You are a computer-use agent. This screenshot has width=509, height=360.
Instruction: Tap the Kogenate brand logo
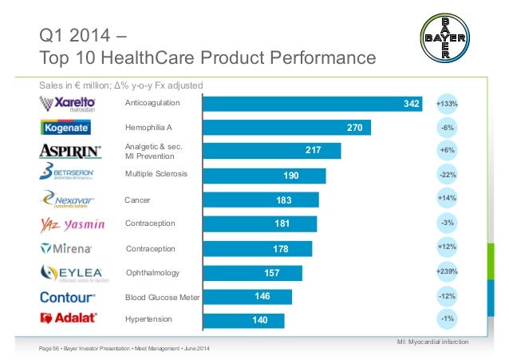coord(68,127)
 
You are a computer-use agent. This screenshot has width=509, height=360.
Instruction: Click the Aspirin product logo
coord(70,152)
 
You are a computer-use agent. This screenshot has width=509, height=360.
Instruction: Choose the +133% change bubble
coord(446,104)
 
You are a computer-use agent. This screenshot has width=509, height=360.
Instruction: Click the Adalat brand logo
coord(69,318)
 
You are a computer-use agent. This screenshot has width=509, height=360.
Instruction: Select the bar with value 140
coord(244,320)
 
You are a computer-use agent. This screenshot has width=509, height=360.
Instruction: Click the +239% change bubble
coord(446,272)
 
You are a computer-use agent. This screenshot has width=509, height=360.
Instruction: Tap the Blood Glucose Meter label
coord(163,297)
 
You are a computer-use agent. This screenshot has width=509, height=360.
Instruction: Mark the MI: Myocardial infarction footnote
coord(432,342)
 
